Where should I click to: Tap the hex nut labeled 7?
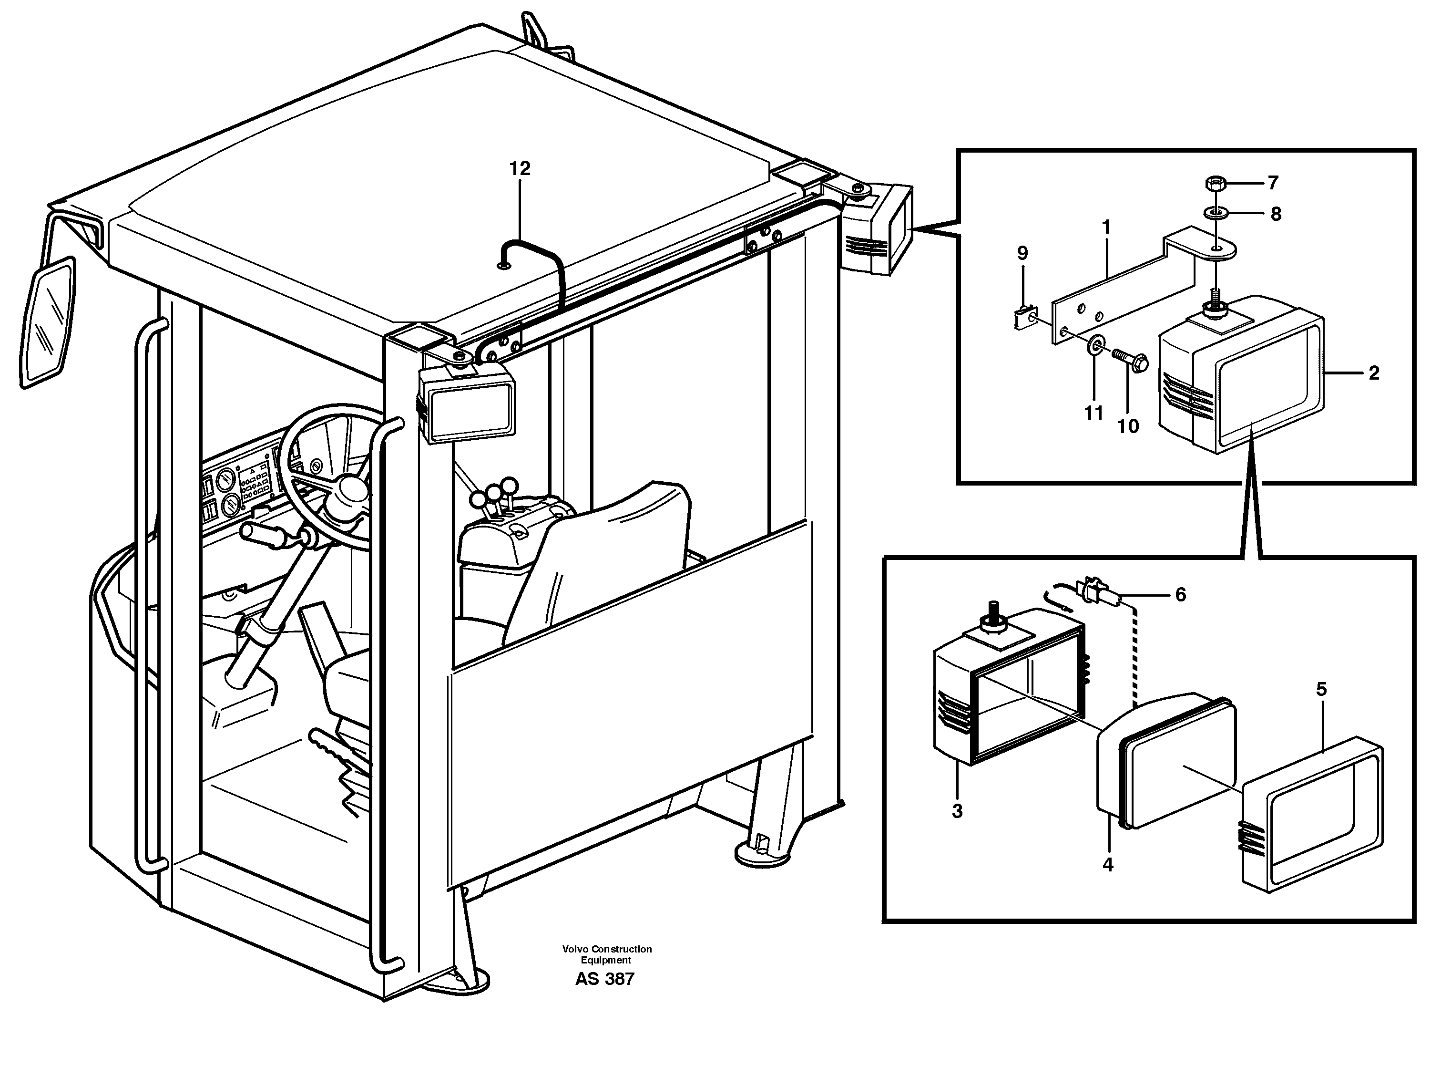1213,183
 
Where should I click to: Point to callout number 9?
1022,253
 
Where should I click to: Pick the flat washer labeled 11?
1094,343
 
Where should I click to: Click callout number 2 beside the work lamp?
1373,373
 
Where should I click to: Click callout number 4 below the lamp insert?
1107,865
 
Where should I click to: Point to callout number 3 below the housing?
956,811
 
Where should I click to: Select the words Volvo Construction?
606,949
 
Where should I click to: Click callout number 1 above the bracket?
1105,228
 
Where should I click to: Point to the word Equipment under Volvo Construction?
606,960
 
